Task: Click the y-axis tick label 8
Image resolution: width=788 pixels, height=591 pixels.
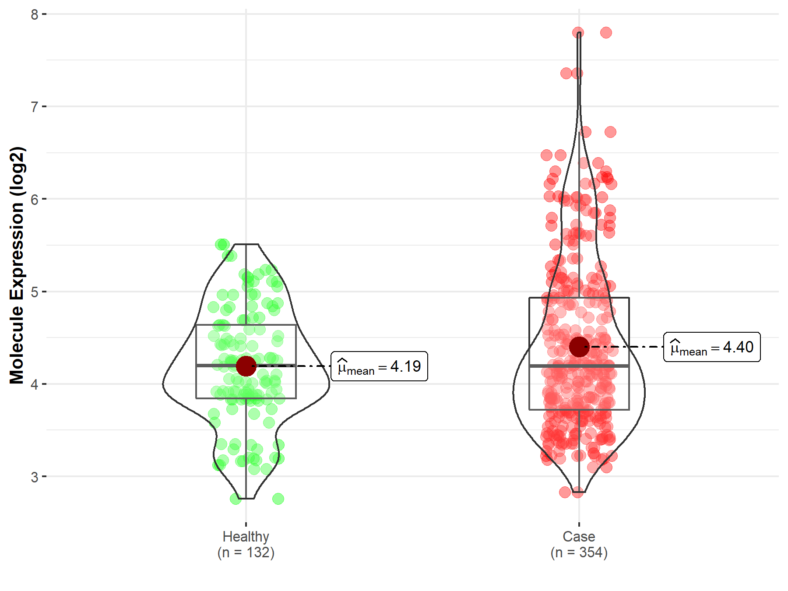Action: click(x=35, y=14)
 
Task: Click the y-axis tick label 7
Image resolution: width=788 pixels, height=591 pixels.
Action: click(x=35, y=107)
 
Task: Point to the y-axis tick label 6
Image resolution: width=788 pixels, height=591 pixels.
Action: click(x=35, y=199)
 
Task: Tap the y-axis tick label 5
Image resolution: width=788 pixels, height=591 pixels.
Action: click(x=35, y=292)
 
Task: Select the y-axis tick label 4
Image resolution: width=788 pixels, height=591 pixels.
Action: click(x=35, y=384)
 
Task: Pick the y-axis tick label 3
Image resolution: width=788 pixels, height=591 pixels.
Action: click(x=35, y=477)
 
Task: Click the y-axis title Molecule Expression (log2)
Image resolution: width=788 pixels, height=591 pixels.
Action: click(x=17, y=265)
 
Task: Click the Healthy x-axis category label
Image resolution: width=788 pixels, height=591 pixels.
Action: click(x=246, y=536)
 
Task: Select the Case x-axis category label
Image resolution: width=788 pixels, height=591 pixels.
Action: click(x=579, y=536)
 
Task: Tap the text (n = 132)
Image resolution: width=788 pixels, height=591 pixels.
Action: click(x=246, y=552)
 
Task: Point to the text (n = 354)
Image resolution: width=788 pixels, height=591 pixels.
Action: click(x=579, y=552)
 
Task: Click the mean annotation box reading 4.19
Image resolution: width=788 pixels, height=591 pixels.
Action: click(x=379, y=366)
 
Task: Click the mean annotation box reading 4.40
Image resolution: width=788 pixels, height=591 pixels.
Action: click(x=712, y=347)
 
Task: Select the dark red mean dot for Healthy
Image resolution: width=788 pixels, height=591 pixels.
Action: click(x=246, y=366)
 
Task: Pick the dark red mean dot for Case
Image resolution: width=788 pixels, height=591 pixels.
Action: click(x=579, y=347)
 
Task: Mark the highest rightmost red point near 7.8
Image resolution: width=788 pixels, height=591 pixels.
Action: click(x=606, y=32)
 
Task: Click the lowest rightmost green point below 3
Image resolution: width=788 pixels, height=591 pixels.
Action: click(x=278, y=499)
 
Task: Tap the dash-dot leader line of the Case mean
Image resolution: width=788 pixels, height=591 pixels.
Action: click(x=626, y=347)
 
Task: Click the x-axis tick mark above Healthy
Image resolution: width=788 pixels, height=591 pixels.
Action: click(x=246, y=524)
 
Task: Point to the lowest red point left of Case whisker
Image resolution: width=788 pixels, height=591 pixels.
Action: click(x=565, y=492)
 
